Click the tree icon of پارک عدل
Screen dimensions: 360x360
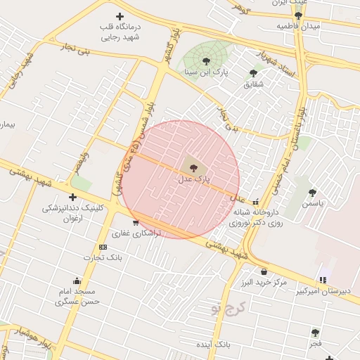(x=193, y=167)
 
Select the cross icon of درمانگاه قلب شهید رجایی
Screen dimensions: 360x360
(x=120, y=16)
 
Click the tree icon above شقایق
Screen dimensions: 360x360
(x=253, y=72)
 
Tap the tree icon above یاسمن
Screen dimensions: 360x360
(x=312, y=192)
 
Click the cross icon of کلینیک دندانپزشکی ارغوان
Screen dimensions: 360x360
(x=72, y=198)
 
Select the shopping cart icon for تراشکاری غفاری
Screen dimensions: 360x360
(x=135, y=223)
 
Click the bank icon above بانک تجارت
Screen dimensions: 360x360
(x=103, y=247)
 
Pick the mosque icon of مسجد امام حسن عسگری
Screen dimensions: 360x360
(x=77, y=281)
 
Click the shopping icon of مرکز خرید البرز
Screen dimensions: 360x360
(x=264, y=271)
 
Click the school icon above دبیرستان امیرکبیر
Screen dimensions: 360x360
(x=323, y=281)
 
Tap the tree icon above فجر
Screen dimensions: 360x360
(x=316, y=332)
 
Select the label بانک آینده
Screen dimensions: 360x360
(x=214, y=345)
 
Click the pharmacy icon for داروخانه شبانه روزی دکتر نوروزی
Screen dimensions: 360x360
(x=255, y=201)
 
